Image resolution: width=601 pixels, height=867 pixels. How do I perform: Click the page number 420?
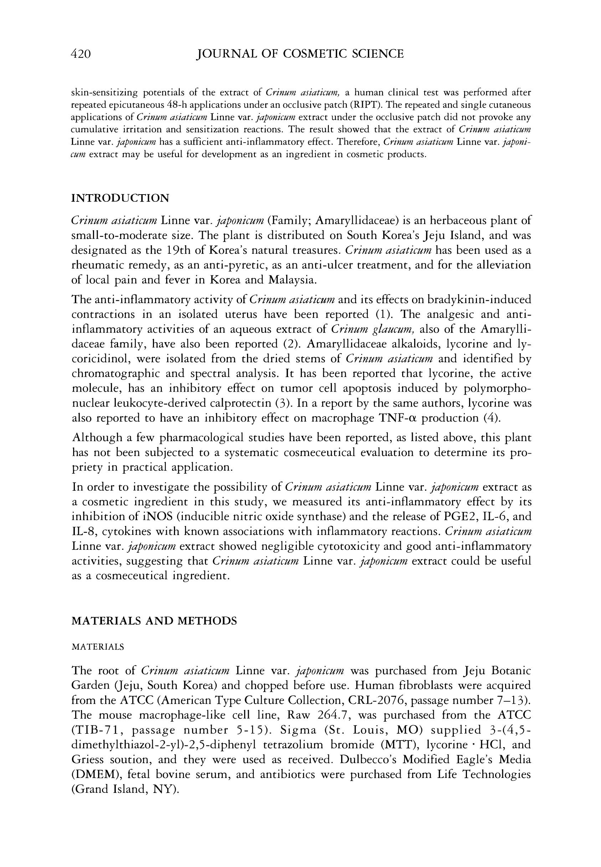click(x=81, y=54)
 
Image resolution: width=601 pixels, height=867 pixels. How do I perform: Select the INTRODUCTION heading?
click(x=120, y=198)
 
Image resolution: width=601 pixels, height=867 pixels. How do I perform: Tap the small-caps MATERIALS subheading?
click(x=98, y=647)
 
